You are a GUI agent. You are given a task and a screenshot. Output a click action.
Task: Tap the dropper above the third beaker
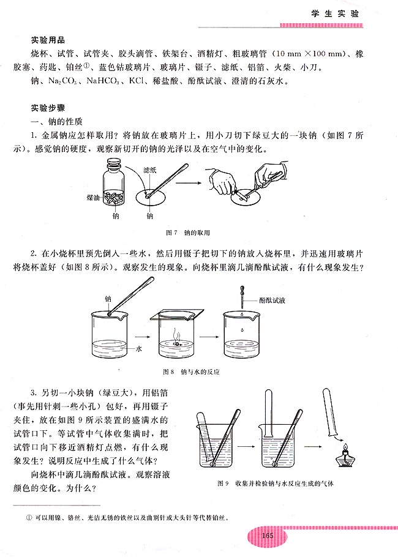pos(241,301)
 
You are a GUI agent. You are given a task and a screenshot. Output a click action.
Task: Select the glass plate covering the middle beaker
pos(177,315)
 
